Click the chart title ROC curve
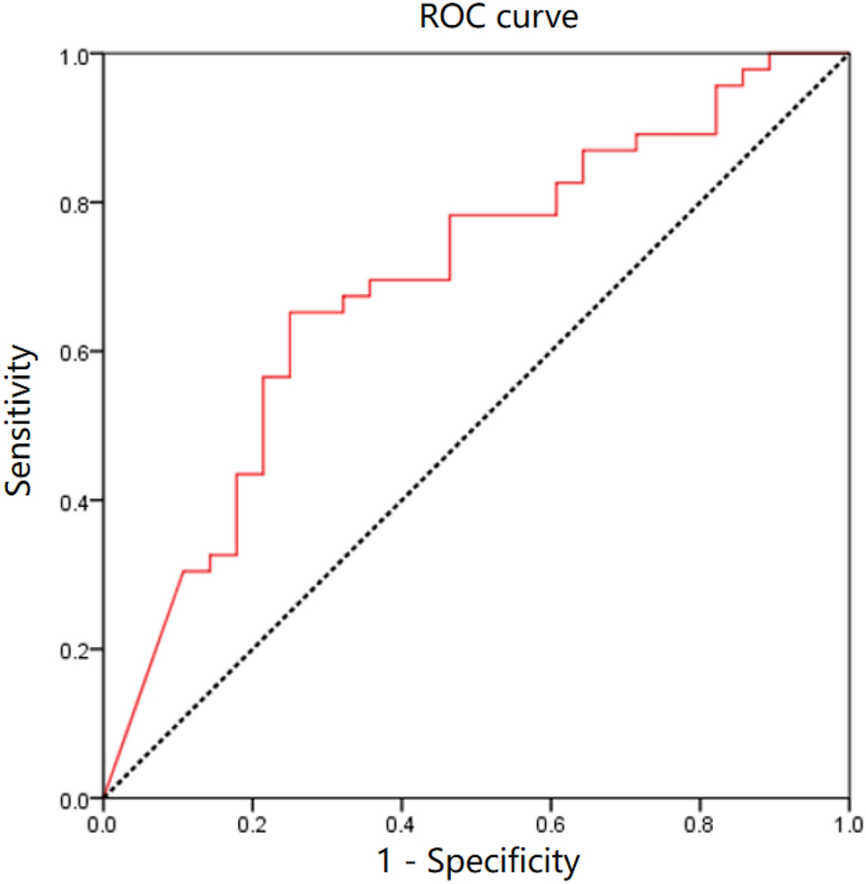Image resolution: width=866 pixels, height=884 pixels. (499, 18)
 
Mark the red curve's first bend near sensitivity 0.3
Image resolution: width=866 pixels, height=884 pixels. (183, 570)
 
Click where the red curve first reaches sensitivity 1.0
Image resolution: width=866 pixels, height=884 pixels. (769, 54)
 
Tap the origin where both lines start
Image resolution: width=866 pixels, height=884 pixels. (105, 796)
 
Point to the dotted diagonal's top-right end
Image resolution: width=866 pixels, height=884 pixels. (847, 55)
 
